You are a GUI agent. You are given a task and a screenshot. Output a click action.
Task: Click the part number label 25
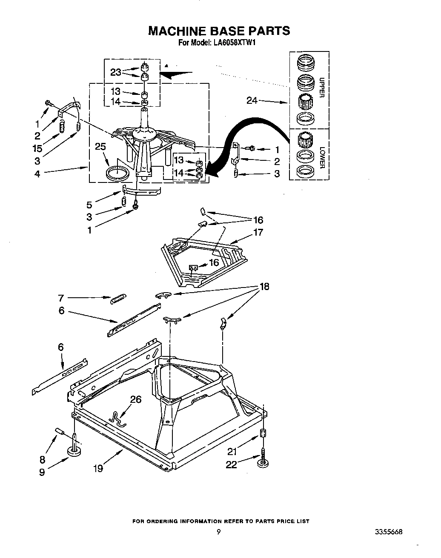pos(100,147)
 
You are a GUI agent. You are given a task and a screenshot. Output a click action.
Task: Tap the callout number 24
pos(252,101)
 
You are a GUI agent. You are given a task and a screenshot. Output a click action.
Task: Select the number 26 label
pos(136,399)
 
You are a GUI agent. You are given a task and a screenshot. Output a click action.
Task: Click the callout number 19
pos(98,469)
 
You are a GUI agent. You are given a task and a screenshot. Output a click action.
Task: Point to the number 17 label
pos(258,232)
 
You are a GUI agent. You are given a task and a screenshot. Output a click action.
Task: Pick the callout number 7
pos(61,298)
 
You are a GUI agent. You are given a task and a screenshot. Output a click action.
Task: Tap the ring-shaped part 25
pos(117,173)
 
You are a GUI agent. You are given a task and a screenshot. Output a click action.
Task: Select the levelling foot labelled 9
pos(74,450)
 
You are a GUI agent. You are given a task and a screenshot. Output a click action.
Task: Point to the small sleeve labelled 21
pos(263,433)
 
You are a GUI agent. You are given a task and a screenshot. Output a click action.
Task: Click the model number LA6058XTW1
pos(235,43)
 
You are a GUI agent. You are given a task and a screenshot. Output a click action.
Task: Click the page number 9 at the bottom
pos(218,532)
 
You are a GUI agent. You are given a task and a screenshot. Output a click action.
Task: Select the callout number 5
pos(89,205)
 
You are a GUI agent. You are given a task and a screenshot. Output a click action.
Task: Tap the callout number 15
pos(37,148)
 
